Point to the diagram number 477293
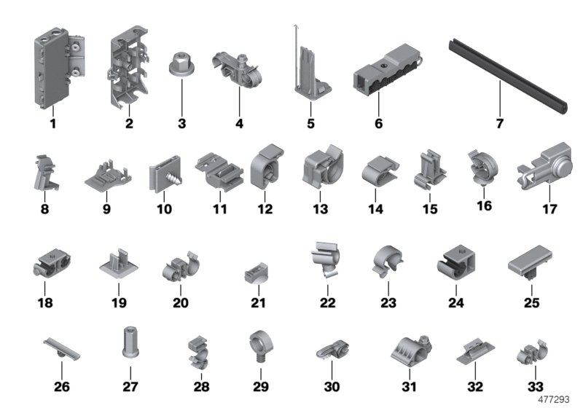(x=557, y=399)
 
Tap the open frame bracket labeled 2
(x=129, y=69)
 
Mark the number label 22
(x=328, y=302)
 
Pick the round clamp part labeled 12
(x=263, y=169)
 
